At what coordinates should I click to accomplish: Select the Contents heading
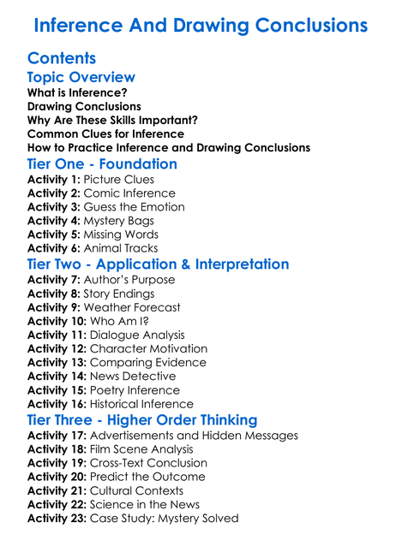click(62, 59)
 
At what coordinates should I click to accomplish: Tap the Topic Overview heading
click(81, 78)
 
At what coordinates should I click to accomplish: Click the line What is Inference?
click(77, 92)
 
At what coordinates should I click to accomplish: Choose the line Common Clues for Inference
click(105, 134)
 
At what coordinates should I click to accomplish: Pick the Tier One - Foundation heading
click(103, 163)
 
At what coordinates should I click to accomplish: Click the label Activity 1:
click(55, 180)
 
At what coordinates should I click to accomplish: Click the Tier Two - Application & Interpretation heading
click(159, 264)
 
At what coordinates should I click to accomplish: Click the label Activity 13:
click(58, 362)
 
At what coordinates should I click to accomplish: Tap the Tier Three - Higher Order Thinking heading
click(142, 419)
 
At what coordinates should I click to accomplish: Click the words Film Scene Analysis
click(148, 449)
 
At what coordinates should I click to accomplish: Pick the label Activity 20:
click(58, 477)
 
